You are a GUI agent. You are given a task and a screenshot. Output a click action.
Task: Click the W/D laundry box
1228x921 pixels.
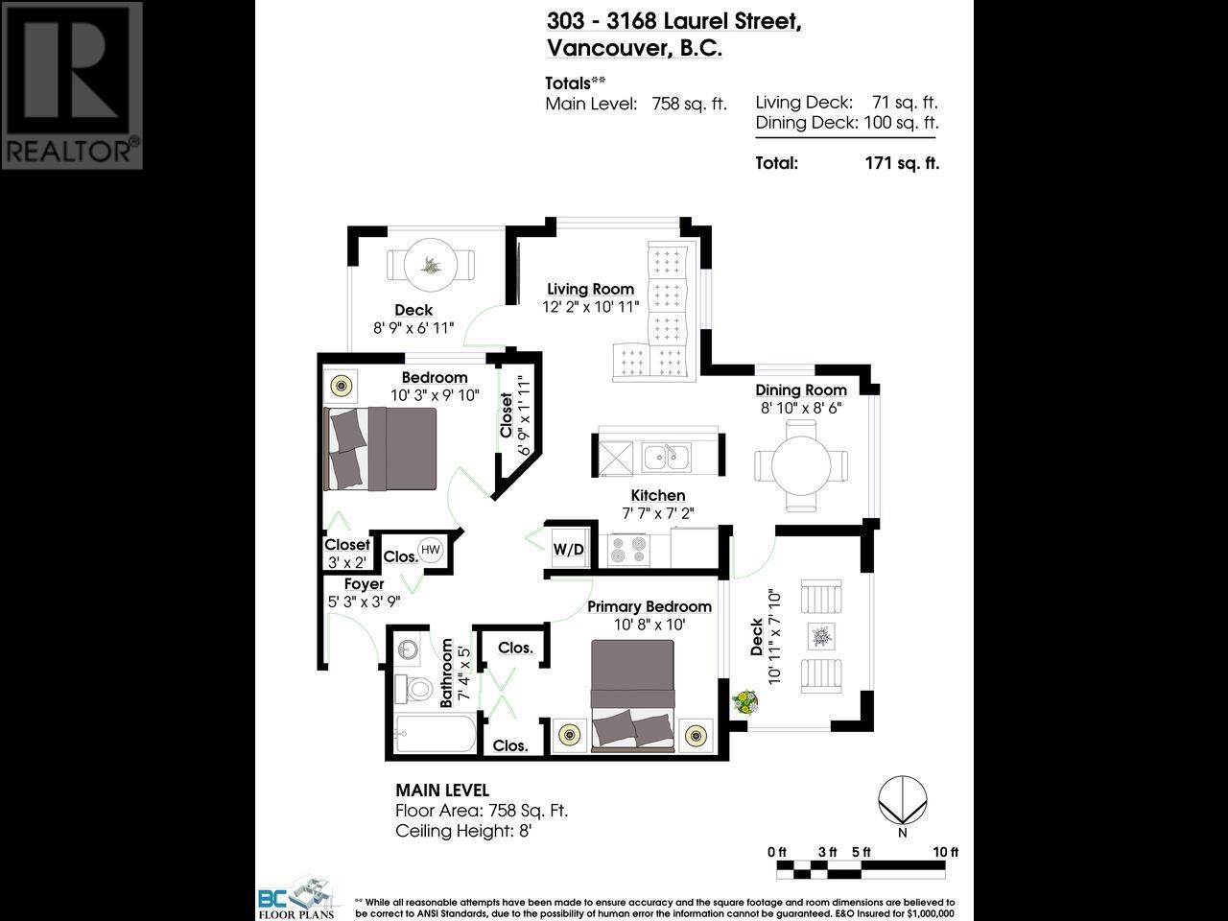click(568, 549)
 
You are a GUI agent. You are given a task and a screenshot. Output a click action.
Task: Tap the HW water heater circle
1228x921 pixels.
click(431, 550)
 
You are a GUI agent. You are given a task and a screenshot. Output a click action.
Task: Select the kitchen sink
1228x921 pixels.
click(666, 457)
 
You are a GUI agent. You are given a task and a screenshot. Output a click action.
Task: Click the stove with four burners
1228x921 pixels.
click(628, 550)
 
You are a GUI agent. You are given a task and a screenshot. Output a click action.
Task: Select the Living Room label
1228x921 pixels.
click(590, 289)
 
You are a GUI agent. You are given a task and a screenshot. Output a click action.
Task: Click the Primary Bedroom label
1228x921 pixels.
click(649, 606)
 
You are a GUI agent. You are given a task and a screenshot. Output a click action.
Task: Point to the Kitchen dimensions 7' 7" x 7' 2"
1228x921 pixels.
click(657, 513)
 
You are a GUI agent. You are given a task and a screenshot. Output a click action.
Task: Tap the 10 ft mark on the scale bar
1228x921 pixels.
click(945, 852)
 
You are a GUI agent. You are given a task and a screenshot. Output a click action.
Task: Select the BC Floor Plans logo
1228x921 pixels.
click(296, 898)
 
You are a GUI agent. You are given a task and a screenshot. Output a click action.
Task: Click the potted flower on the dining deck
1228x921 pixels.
click(744, 702)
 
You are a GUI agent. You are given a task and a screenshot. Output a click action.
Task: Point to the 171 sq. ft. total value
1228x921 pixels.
click(902, 163)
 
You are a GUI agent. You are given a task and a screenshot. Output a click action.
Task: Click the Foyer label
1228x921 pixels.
click(364, 584)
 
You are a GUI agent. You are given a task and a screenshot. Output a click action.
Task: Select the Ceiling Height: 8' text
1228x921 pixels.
click(463, 831)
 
